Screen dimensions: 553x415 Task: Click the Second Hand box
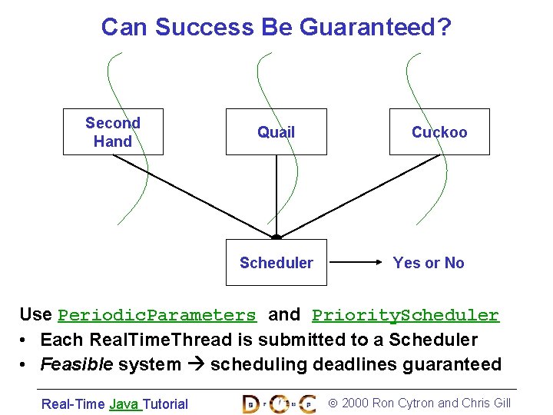(x=113, y=132)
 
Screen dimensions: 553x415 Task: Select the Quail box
(x=276, y=132)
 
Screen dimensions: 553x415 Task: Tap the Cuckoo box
(x=439, y=132)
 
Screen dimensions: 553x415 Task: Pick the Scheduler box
(x=276, y=263)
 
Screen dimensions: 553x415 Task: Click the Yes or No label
(x=429, y=263)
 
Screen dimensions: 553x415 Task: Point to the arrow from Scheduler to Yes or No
(x=356, y=263)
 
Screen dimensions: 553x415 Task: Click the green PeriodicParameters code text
(x=157, y=315)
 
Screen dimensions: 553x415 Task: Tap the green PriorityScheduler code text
(x=406, y=315)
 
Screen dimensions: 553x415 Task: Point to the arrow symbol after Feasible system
(x=195, y=365)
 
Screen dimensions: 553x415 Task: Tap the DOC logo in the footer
(x=279, y=403)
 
